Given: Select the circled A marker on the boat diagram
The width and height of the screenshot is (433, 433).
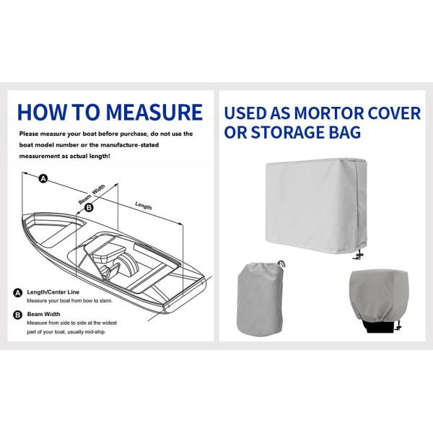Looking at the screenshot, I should click(x=43, y=178).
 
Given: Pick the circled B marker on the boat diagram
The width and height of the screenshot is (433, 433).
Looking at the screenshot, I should click(x=89, y=208).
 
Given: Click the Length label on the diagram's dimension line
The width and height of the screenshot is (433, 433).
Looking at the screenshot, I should click(x=144, y=206).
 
